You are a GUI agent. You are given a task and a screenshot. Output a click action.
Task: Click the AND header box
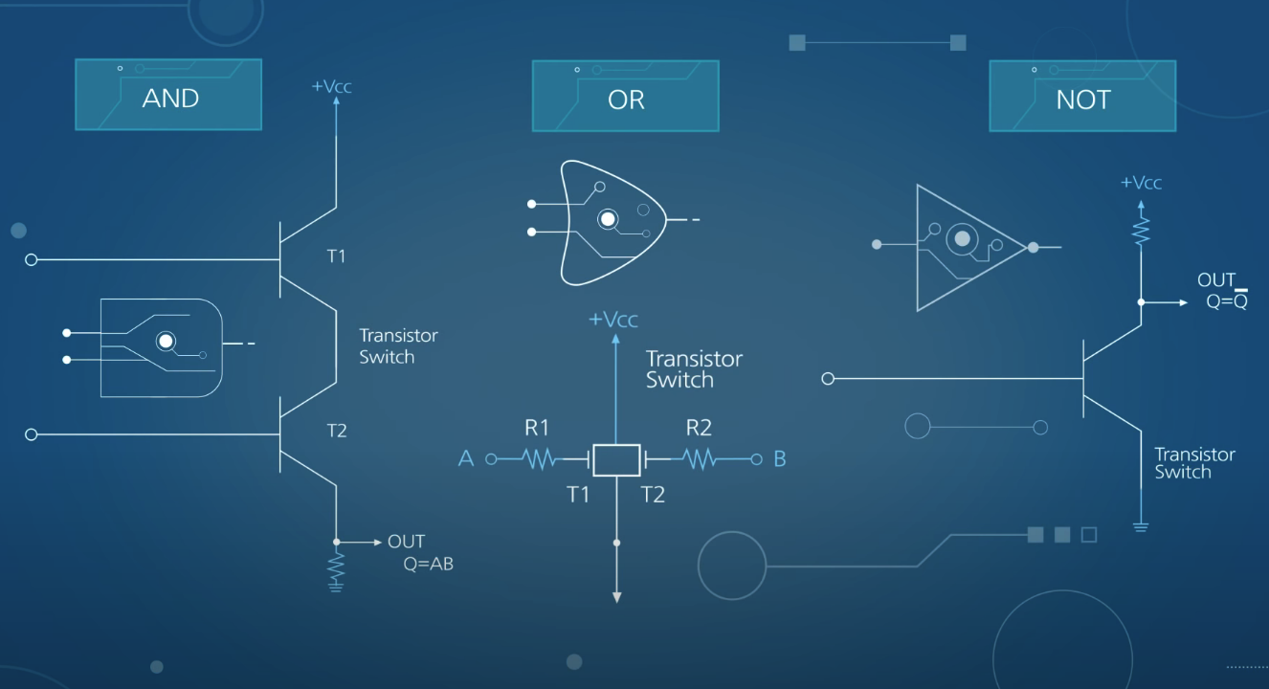pos(168,95)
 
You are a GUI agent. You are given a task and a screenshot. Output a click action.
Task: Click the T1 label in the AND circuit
pos(336,256)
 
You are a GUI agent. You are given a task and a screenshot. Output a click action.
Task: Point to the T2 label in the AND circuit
pos(336,431)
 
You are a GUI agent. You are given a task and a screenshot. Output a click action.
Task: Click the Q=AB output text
pos(428,564)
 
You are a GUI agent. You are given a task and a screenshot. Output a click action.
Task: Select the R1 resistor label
pos(537,428)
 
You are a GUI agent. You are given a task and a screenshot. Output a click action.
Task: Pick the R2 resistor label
pos(699,428)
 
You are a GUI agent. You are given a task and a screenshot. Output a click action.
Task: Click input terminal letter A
pos(466,459)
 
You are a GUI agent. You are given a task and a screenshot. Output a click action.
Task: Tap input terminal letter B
pos(780,459)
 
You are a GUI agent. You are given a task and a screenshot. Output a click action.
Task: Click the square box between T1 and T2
pos(615,460)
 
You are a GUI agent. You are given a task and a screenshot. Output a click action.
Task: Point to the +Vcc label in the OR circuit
pos(612,320)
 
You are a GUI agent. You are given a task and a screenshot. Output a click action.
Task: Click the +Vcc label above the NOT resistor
pos(1141,183)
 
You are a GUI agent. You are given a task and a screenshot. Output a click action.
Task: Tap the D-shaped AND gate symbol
pos(161,347)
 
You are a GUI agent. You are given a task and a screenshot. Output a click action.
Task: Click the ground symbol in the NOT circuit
pos(1141,526)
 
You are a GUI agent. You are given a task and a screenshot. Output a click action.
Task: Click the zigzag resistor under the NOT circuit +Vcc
pos(1141,230)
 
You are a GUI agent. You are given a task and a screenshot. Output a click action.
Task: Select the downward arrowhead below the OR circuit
pos(616,596)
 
